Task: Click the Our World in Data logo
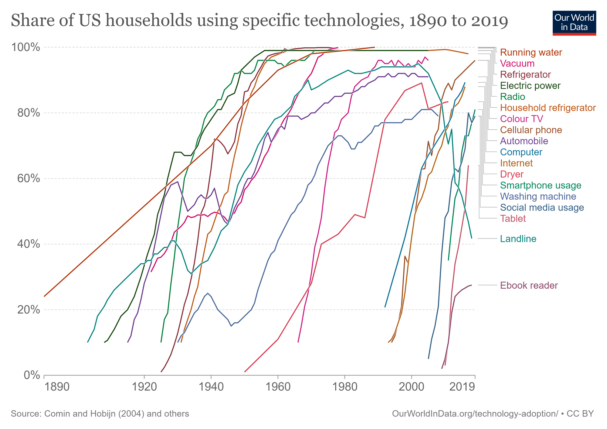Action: point(574,23)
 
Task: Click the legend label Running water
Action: point(531,53)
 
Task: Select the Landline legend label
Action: point(518,239)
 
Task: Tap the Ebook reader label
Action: point(529,286)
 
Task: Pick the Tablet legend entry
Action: point(513,219)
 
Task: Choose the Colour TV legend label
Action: point(521,119)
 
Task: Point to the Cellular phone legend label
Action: point(531,130)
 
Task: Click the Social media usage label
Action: point(542,208)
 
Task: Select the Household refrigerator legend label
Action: point(548,108)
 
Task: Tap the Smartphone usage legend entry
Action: point(541,186)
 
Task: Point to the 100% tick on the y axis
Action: point(25,47)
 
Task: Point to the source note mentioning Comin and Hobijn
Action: point(100,414)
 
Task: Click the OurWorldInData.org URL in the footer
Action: point(475,414)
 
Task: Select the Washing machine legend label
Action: point(538,197)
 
